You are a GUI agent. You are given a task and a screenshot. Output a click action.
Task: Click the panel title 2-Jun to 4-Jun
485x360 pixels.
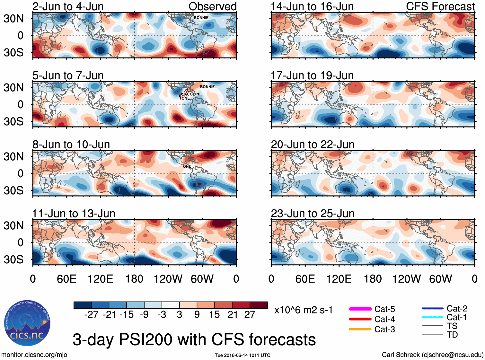68,6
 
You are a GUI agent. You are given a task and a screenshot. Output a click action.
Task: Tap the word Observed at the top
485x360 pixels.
212,6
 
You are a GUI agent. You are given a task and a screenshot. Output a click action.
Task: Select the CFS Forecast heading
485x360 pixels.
440,6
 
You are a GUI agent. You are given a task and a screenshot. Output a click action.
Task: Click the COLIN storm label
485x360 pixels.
193,94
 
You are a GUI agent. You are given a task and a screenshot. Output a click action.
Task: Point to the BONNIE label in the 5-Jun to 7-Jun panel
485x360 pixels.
207,87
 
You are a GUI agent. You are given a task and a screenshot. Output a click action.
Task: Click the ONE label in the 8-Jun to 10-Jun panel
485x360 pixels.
187,166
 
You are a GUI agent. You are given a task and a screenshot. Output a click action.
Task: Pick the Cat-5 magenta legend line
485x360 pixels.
360,309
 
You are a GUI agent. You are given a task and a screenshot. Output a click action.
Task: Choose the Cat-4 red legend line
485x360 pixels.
360,319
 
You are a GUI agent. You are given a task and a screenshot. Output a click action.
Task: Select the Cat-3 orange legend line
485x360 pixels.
360,329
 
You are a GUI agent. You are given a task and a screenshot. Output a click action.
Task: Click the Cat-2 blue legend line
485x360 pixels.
432,309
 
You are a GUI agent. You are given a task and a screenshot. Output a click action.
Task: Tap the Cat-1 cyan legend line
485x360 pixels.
432,317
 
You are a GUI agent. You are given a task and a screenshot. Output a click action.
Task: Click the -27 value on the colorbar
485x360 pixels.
91,314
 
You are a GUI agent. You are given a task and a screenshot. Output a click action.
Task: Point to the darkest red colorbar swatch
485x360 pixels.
259,305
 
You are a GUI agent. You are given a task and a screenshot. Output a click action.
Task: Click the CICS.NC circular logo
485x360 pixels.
27,323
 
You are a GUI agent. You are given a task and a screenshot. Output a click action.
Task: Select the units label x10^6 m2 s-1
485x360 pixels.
303,310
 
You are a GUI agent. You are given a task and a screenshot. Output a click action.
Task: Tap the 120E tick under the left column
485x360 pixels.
100,279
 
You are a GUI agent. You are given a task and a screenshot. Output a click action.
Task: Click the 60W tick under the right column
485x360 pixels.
440,279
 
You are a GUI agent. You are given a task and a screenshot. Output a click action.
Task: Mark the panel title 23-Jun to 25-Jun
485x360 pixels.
313,214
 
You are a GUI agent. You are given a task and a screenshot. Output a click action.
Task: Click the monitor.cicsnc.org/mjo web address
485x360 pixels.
34,355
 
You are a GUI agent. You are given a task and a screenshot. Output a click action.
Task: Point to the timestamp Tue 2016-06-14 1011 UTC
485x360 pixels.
242,355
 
